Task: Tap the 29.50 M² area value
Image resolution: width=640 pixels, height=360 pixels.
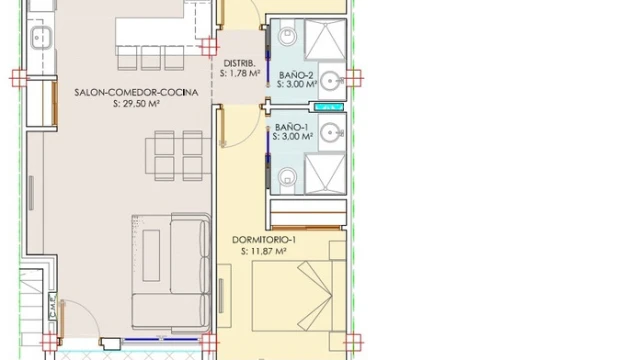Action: (x=136, y=104)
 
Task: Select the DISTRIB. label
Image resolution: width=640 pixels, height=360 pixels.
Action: (x=240, y=63)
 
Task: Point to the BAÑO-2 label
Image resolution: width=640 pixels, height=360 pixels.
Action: (x=296, y=75)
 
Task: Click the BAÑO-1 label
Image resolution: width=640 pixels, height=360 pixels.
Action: (x=291, y=127)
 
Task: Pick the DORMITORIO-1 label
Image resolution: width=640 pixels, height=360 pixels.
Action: (x=264, y=240)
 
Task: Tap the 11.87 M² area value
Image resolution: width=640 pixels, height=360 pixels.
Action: (x=264, y=251)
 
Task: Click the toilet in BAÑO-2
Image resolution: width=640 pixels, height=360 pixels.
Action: (x=287, y=36)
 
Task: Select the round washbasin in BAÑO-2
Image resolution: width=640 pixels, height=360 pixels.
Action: (x=330, y=81)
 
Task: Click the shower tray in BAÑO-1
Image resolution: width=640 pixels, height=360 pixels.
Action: (x=325, y=173)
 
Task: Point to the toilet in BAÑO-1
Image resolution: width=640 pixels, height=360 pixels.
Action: (x=287, y=177)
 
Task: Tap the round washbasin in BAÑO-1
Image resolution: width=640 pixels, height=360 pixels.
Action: (x=330, y=132)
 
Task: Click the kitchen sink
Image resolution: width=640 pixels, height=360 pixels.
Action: (x=41, y=38)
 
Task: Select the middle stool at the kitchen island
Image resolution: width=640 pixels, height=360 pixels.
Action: (x=151, y=58)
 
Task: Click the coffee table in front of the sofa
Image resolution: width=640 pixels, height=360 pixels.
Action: (x=151, y=255)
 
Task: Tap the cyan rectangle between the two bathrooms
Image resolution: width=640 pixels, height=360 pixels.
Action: (x=329, y=107)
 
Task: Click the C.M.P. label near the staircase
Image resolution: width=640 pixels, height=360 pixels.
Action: (x=52, y=305)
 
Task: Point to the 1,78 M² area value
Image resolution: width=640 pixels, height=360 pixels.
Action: (x=240, y=74)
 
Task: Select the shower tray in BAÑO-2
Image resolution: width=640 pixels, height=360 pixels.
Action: (x=325, y=40)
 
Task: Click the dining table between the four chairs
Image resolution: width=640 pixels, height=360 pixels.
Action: (x=178, y=156)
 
